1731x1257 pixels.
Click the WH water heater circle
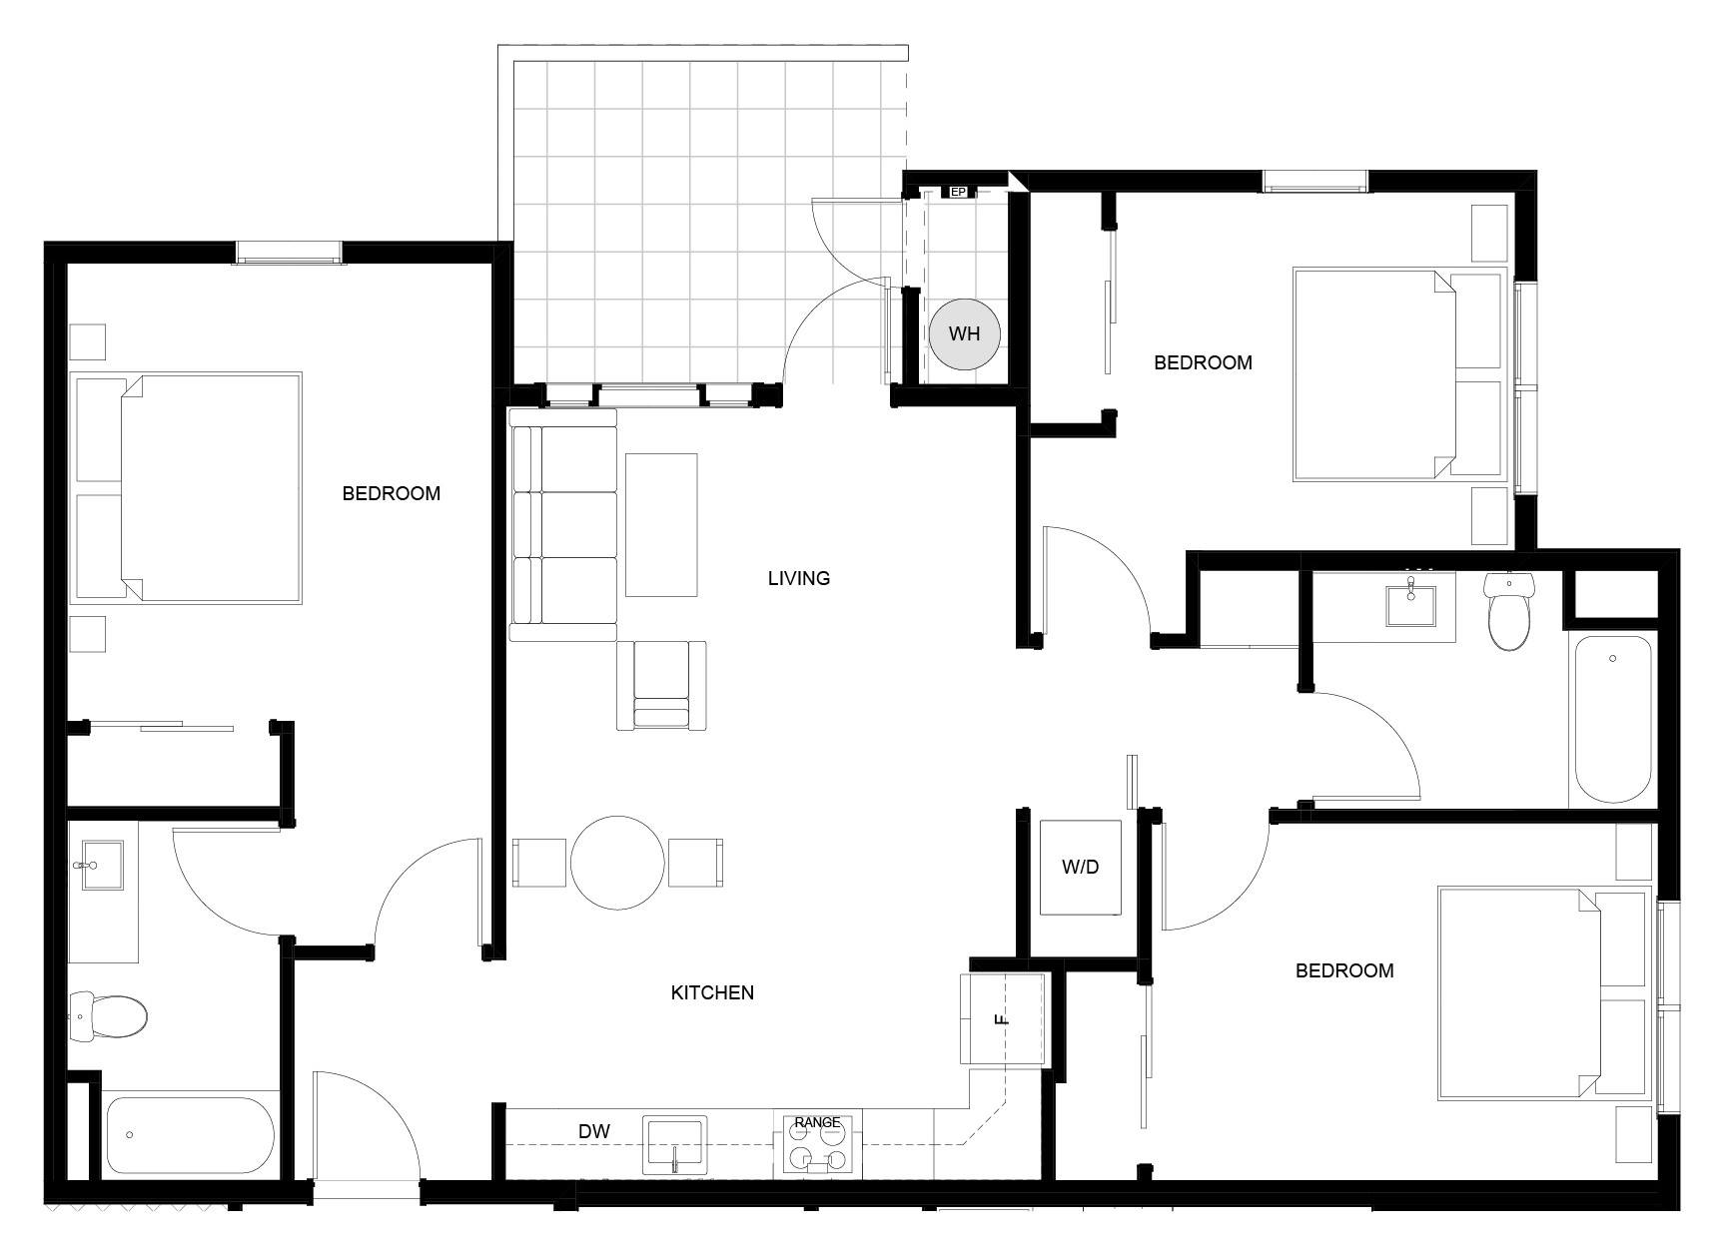[x=964, y=333]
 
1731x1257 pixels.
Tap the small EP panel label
[x=957, y=192]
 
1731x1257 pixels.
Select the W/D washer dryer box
[x=1080, y=867]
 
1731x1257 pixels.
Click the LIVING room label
[x=799, y=578]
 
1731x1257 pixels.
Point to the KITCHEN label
[x=712, y=992]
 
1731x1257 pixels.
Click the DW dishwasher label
[x=594, y=1131]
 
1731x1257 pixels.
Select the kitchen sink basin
[x=674, y=1145]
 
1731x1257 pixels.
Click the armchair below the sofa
[x=661, y=686]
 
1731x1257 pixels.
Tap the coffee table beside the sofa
[x=661, y=524]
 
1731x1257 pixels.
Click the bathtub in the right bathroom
[x=1613, y=719]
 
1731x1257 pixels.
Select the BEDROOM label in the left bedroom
[x=392, y=493]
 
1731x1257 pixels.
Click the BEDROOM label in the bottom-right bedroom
[x=1344, y=970]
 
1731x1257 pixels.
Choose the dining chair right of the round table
[x=695, y=864]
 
